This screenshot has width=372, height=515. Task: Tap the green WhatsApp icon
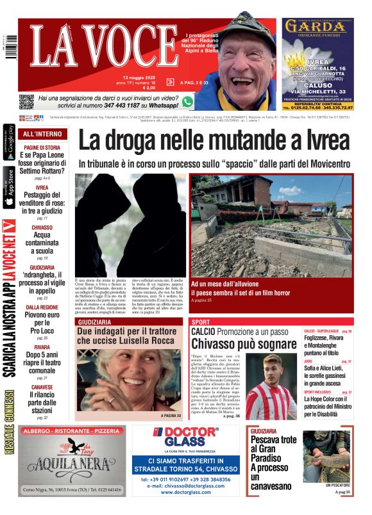(187, 101)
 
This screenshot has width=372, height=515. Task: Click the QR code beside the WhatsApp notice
(26, 101)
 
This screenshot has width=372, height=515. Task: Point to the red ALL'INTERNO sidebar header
(43, 134)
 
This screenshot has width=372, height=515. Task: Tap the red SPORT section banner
(201, 322)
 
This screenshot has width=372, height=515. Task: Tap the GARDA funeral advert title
(317, 27)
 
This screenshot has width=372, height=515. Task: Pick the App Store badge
(9, 188)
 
